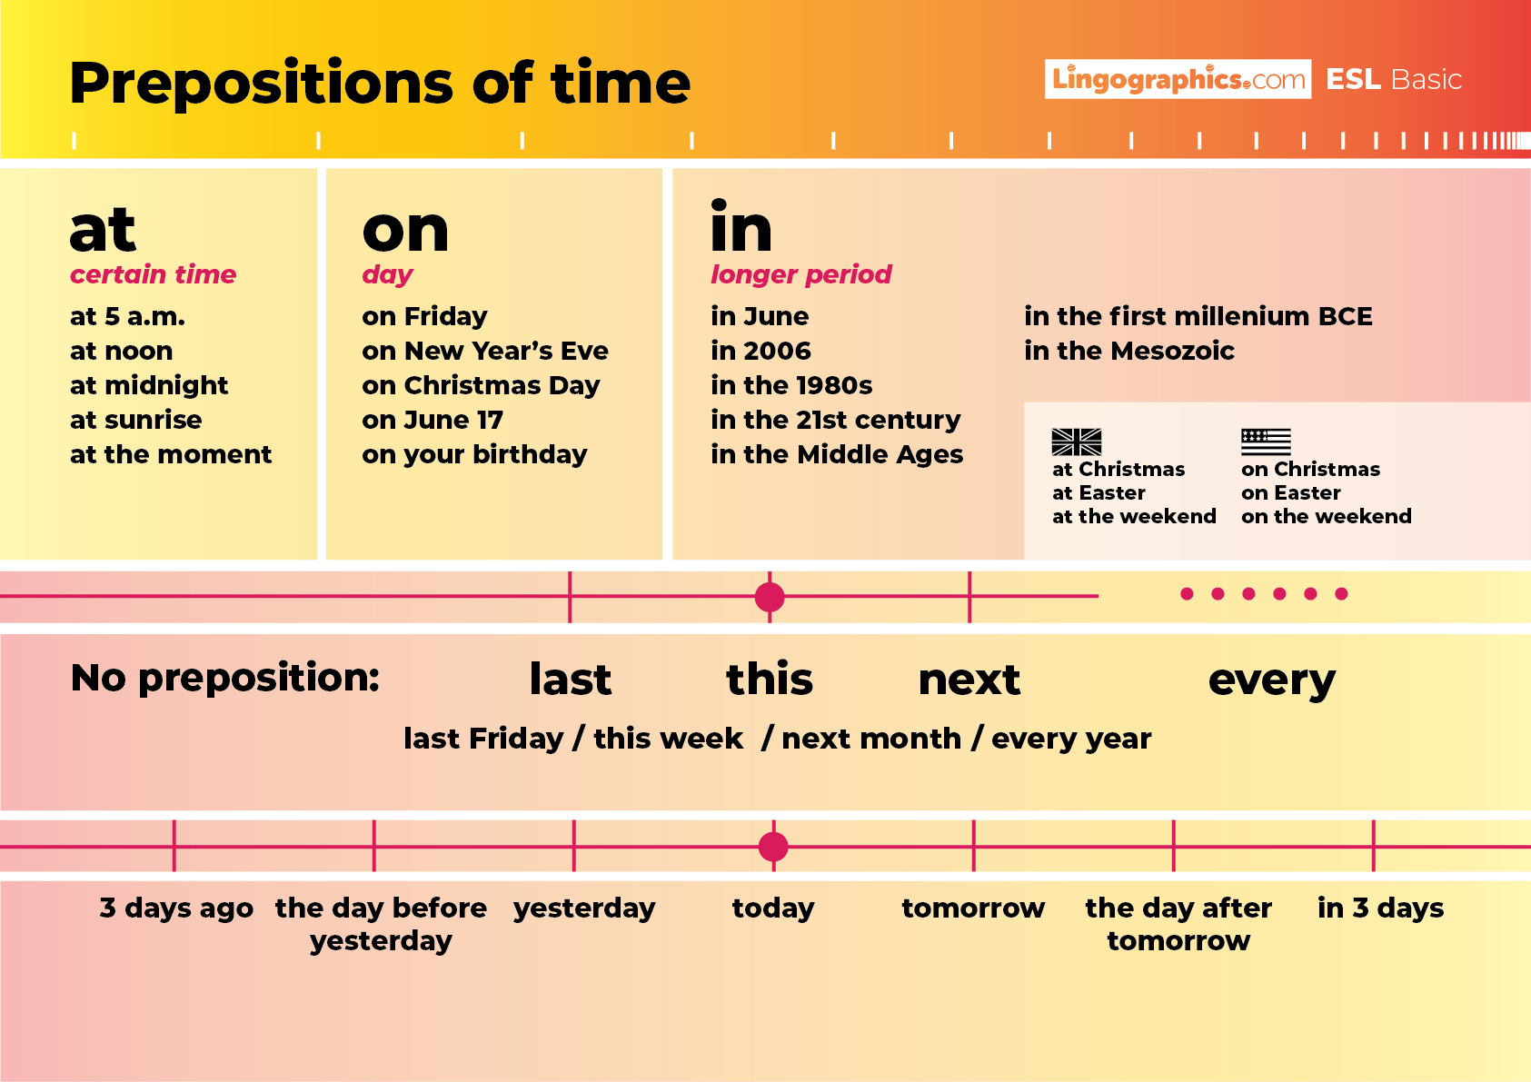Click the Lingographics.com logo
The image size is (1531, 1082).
click(x=1178, y=79)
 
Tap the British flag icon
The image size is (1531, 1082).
click(x=1076, y=442)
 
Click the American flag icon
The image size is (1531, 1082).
click(x=1266, y=442)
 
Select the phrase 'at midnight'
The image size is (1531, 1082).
click(x=149, y=385)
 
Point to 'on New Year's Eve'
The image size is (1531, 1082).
click(x=484, y=351)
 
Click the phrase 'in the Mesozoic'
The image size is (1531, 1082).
click(x=1128, y=351)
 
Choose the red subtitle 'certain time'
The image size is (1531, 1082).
click(x=153, y=274)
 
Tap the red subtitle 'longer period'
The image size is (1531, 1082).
click(x=800, y=274)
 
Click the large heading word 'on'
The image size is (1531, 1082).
click(x=405, y=231)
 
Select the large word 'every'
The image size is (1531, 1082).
click(x=1271, y=680)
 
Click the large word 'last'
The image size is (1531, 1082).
click(x=571, y=680)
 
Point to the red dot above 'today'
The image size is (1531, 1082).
click(x=773, y=847)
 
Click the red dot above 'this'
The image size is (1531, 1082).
click(x=770, y=597)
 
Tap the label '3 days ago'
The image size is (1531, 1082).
click(x=176, y=908)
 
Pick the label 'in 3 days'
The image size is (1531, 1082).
click(x=1380, y=908)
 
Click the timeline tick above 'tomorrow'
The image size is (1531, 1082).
click(x=973, y=847)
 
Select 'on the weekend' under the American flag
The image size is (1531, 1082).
click(x=1326, y=516)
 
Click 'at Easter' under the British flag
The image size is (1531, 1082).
click(x=1099, y=492)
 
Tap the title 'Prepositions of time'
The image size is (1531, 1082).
click(x=380, y=83)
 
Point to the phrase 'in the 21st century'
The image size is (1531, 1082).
click(x=835, y=420)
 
